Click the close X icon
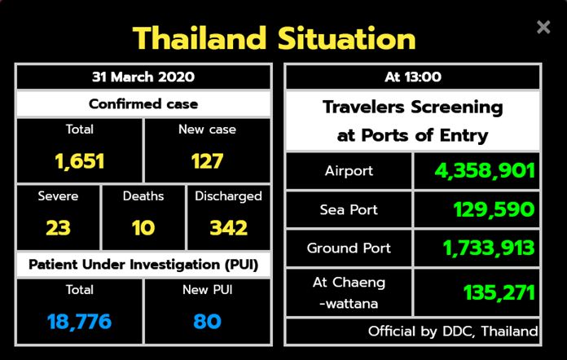[543, 27]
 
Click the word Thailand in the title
[200, 38]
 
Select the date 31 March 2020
[143, 77]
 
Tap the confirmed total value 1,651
[80, 161]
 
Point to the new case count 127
[207, 161]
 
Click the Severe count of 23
[58, 228]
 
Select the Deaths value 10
[143, 228]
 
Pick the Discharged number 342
[229, 228]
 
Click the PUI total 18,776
[79, 322]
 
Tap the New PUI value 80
[207, 322]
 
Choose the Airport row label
[349, 170]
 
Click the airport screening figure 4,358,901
[485, 170]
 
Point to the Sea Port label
[349, 209]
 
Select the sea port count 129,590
[494, 209]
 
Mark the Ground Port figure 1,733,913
[489, 248]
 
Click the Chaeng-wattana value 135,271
[499, 292]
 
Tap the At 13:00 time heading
[413, 77]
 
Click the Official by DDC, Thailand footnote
[453, 331]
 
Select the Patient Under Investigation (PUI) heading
[143, 265]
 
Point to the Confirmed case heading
[143, 104]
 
